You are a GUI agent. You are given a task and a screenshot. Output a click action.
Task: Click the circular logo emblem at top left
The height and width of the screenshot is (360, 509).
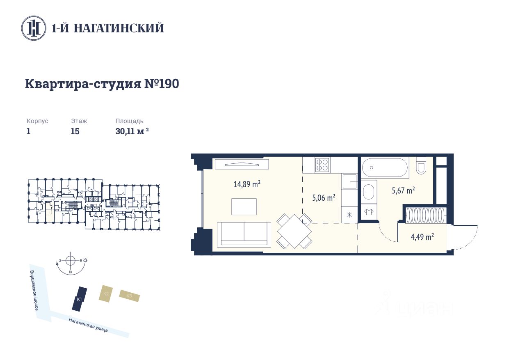click(34, 28)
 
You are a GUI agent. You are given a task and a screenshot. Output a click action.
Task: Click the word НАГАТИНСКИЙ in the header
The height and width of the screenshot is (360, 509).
click(119, 28)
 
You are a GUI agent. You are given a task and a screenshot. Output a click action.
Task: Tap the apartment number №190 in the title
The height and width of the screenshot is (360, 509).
click(162, 84)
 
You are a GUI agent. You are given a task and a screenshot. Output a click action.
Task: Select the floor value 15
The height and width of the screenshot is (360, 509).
click(75, 131)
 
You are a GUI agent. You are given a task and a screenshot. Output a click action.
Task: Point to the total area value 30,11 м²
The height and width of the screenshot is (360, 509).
click(132, 131)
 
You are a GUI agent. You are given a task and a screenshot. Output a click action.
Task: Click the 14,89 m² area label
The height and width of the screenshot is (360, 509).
click(247, 184)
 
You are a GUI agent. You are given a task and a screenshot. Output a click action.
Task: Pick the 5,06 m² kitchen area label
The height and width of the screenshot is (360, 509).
click(324, 197)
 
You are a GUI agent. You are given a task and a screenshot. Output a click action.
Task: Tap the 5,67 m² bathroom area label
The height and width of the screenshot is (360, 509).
click(403, 190)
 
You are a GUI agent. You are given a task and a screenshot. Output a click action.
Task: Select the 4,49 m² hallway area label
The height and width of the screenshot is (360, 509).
click(422, 237)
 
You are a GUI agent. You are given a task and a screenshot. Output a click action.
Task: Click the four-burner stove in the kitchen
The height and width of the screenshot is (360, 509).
click(322, 165)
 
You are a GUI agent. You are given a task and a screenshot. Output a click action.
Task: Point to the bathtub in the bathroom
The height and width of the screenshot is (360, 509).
click(385, 167)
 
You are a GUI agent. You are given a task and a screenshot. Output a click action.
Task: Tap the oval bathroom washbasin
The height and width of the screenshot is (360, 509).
click(369, 192)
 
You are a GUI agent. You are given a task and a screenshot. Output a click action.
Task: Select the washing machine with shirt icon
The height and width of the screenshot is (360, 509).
click(369, 212)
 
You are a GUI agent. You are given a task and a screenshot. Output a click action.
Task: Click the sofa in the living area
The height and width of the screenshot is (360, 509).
click(244, 235)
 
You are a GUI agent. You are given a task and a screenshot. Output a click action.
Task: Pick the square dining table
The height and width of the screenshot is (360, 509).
click(294, 231)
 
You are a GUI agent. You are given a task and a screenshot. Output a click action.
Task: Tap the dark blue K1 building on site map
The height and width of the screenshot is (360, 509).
click(79, 299)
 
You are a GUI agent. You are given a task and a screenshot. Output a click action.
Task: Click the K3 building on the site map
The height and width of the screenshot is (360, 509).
click(130, 296)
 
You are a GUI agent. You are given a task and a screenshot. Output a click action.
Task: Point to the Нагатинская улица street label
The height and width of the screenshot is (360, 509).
click(88, 325)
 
